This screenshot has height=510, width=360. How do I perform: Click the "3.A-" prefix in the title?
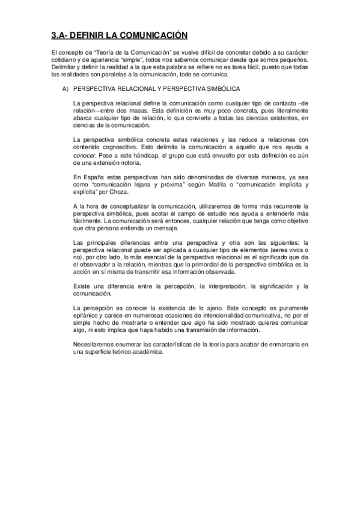point(61,35)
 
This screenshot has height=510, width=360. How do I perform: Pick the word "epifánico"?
point(86,315)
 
